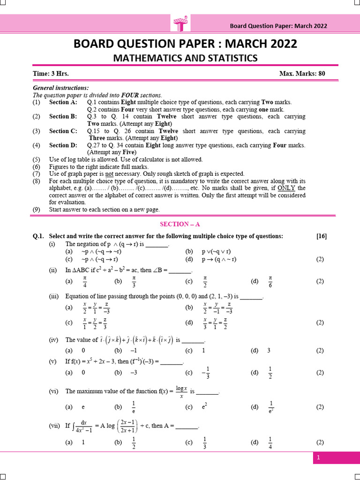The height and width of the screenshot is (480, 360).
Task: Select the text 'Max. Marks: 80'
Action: coord(302,74)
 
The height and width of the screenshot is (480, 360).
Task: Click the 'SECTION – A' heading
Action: coord(180,225)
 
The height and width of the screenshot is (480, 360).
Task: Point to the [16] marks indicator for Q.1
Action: coord(322,236)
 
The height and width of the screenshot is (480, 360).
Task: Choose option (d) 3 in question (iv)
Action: coord(269,350)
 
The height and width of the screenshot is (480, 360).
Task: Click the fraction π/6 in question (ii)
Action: coord(270,282)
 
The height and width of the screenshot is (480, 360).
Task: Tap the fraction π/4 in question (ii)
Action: coord(84,282)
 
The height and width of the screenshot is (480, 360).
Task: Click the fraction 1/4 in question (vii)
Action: coord(270,442)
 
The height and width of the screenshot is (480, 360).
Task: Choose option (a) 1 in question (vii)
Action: coord(83,442)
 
